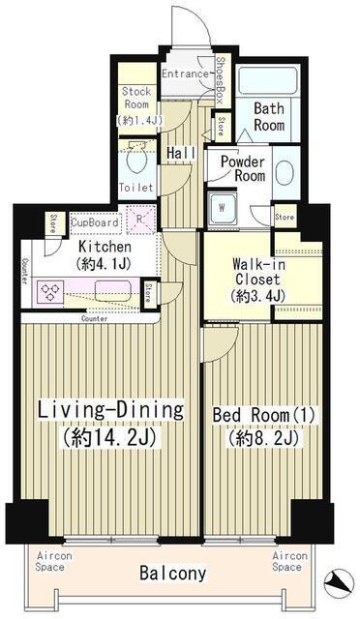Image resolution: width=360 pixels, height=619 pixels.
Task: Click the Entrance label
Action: pos(184,74)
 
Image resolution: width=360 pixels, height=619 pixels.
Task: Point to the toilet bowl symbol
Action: pos(135,157)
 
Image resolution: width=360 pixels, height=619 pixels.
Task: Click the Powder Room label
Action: pos(242,168)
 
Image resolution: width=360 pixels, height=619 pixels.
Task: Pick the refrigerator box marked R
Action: pos(140,220)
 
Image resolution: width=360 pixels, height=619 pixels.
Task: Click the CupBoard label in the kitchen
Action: pos(95,221)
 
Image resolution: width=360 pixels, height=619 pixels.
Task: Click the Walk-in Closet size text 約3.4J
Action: pos(255,296)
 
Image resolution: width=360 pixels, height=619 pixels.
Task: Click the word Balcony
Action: pos(172,574)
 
